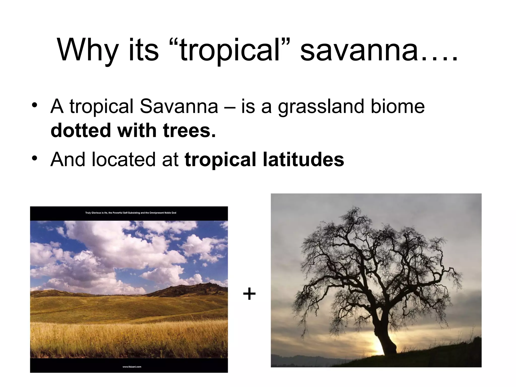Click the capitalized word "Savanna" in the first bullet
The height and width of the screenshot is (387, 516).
179,106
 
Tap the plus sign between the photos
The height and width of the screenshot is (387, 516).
249,294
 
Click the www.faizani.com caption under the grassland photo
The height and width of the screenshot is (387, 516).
132,367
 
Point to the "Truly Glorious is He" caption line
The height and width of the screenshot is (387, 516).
131,213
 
